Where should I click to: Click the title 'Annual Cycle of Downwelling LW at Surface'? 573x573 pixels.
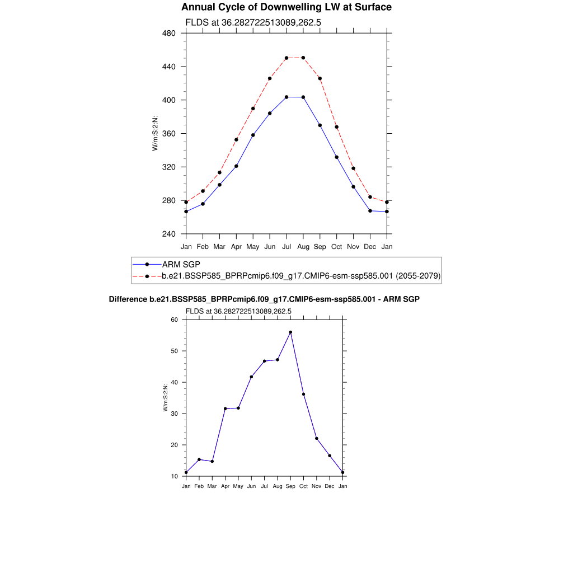(x=286, y=7)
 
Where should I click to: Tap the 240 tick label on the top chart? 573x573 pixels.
(x=169, y=234)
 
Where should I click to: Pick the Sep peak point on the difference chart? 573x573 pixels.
(x=290, y=332)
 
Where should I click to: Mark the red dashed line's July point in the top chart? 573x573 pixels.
(x=286, y=58)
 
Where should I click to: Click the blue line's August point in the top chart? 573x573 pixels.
(x=303, y=97)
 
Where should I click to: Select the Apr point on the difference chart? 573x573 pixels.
(x=225, y=408)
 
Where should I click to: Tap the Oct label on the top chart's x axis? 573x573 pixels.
(x=336, y=246)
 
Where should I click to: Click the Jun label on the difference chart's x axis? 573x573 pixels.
(x=251, y=486)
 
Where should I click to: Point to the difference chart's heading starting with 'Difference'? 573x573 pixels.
(x=264, y=299)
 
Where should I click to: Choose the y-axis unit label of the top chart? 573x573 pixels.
(x=155, y=133)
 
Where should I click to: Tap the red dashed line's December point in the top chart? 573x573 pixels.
(x=370, y=197)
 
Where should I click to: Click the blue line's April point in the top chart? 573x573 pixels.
(x=236, y=166)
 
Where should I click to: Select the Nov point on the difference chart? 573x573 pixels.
(x=317, y=438)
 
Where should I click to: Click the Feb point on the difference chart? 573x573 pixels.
(x=199, y=459)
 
